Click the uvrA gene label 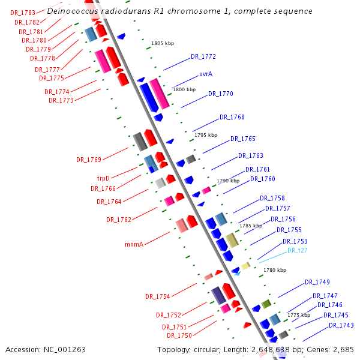206,74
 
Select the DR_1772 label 203,57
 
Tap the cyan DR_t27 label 297,251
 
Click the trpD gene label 104,178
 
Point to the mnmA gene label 134,244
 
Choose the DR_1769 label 88,160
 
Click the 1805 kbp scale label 162,44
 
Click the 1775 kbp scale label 298,315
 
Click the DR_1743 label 341,325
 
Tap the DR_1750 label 179,336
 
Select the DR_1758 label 272,199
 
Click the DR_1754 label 157,296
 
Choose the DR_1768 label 232,117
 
